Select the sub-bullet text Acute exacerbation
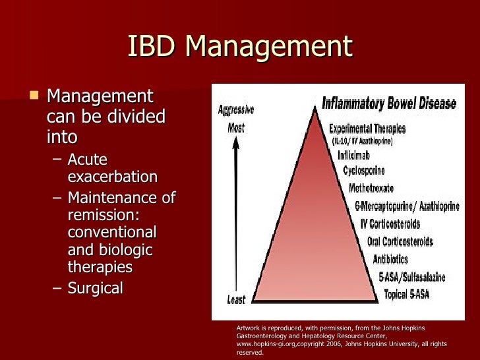point(112,168)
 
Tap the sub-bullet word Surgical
point(95,288)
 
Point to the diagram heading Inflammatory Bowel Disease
point(388,104)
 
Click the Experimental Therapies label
point(367,129)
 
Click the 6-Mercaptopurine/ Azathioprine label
point(407,206)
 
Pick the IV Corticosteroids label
point(394,224)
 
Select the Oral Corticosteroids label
point(400,241)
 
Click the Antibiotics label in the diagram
point(390,259)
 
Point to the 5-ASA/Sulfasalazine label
point(411,277)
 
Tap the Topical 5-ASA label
point(406,294)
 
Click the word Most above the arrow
point(236,127)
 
